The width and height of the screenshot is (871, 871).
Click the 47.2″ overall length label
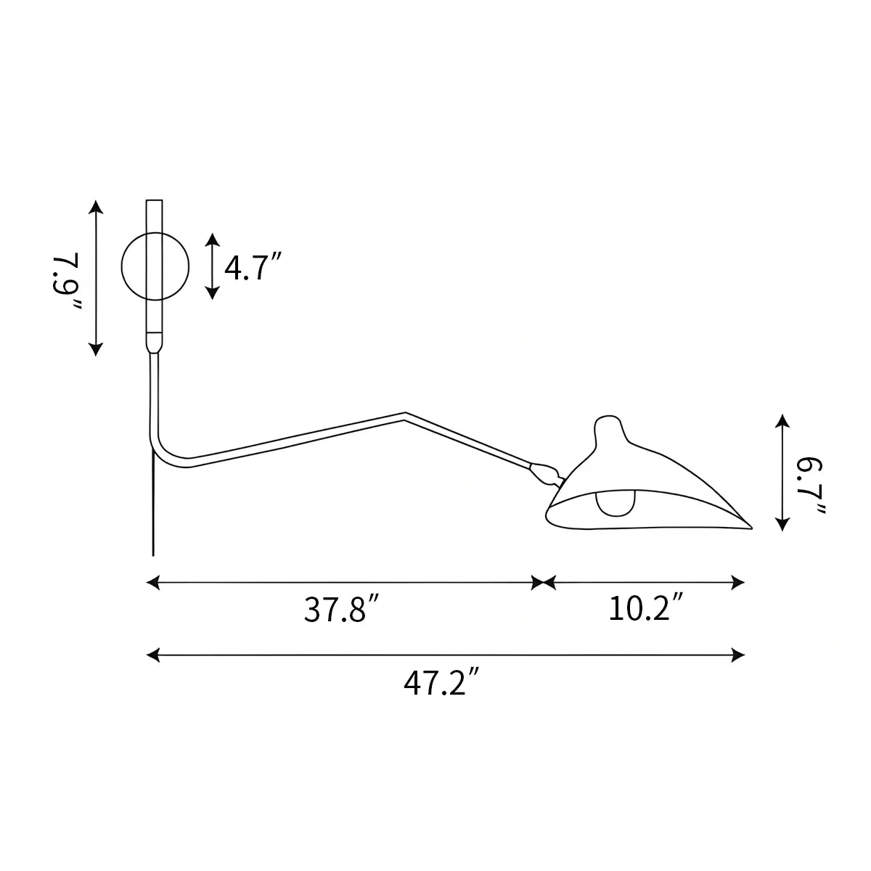pyautogui.click(x=441, y=683)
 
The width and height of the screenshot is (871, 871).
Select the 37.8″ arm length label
pyautogui.click(x=340, y=610)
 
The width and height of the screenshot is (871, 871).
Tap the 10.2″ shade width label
pyautogui.click(x=645, y=608)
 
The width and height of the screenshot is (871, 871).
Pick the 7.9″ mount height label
pyautogui.click(x=68, y=279)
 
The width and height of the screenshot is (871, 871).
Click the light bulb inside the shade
pyautogui.click(x=616, y=503)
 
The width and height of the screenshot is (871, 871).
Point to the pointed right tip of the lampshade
pyautogui.click(x=751, y=528)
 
